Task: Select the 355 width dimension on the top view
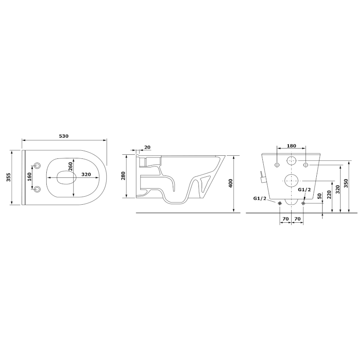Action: pyautogui.click(x=9, y=178)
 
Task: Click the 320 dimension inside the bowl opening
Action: pyautogui.click(x=86, y=175)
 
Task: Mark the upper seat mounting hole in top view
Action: pyautogui.click(x=37, y=163)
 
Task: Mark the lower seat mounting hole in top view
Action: pyautogui.click(x=37, y=189)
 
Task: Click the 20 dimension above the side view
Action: pyautogui.click(x=148, y=147)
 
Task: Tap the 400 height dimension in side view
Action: pyautogui.click(x=230, y=184)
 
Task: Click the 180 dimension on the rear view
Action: pyautogui.click(x=291, y=146)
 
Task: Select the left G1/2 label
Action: pyautogui.click(x=260, y=198)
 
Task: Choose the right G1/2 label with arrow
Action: pyautogui.click(x=305, y=190)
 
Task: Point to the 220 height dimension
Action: pyautogui.click(x=329, y=195)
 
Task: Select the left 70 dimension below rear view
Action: pyautogui.click(x=285, y=219)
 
